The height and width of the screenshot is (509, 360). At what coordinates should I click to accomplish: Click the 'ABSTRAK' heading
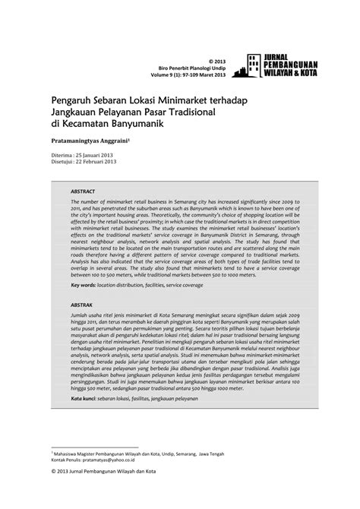click(x=83, y=304)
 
